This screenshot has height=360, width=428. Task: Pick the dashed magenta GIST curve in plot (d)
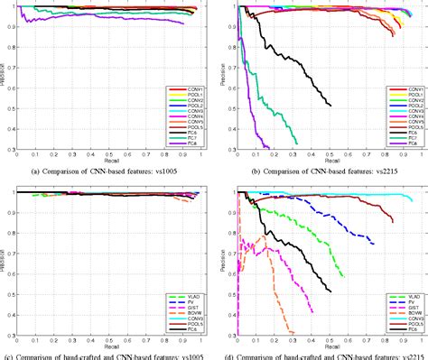289,271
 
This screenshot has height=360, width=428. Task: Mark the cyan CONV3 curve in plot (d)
361,194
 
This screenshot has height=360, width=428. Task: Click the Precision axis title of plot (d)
221,257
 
